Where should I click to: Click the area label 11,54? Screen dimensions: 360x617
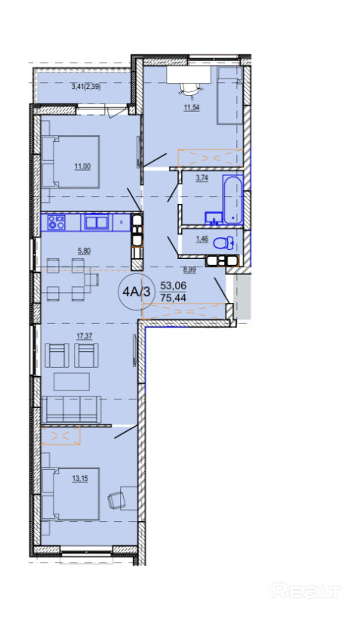(x=192, y=107)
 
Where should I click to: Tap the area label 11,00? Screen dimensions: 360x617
(x=82, y=166)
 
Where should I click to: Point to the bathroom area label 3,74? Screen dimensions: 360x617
(x=202, y=178)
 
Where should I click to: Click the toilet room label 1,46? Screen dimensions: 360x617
(x=202, y=239)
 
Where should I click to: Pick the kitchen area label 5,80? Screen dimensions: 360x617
(x=85, y=250)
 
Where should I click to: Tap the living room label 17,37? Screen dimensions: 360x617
(x=85, y=336)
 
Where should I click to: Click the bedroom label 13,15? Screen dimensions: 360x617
(x=80, y=479)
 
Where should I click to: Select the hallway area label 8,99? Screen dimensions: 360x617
(x=189, y=270)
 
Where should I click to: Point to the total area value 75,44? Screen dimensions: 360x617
(x=173, y=298)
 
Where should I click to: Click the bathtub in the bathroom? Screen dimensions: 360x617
(x=232, y=200)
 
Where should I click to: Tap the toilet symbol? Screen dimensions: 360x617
(x=223, y=243)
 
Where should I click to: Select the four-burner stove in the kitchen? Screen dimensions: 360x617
(x=57, y=223)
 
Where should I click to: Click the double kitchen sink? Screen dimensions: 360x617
(x=97, y=223)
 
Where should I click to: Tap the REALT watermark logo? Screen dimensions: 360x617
(x=307, y=591)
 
